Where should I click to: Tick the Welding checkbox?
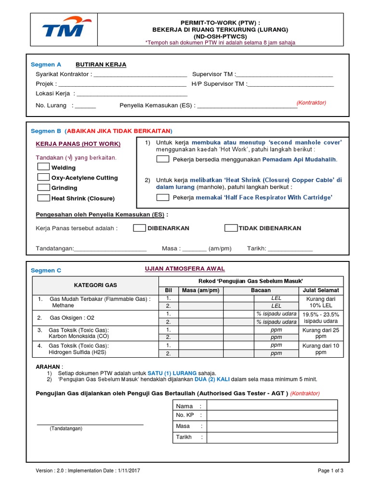pyautogui.click(x=44, y=167)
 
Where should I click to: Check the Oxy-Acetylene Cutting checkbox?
pyautogui.click(x=44, y=177)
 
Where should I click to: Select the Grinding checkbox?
pyautogui.click(x=44, y=187)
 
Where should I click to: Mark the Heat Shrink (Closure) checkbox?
pyautogui.click(x=44, y=198)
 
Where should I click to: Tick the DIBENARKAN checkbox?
pyautogui.click(x=140, y=228)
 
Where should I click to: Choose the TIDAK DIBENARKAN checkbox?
pyautogui.click(x=231, y=228)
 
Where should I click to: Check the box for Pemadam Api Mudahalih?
pyautogui.click(x=163, y=159)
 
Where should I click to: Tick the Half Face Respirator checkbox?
pyautogui.click(x=163, y=197)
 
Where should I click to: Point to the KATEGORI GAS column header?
pyautogui.click(x=95, y=285)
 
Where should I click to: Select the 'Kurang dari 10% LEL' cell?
pyautogui.click(x=321, y=302)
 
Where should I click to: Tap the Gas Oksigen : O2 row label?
pyautogui.click(x=72, y=318)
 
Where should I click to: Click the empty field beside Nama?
pyautogui.click(x=275, y=406)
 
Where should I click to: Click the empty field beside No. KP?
pyautogui.click(x=275, y=415)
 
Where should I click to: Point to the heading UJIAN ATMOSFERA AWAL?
pyautogui.click(x=185, y=269)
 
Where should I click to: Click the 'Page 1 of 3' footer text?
pyautogui.click(x=330, y=470)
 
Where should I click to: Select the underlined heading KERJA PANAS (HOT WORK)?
pyautogui.click(x=78, y=144)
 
